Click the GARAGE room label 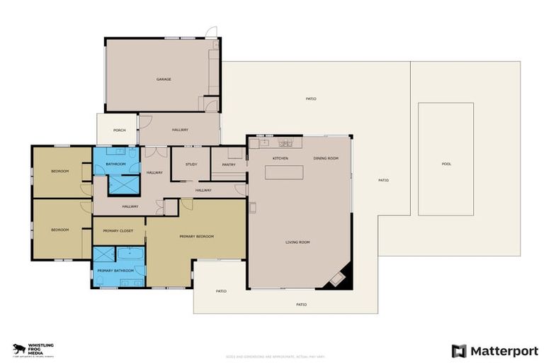pyautogui.click(x=164, y=79)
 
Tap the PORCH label pyautogui.click(x=118, y=130)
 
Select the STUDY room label pyautogui.click(x=191, y=164)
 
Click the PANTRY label pyautogui.click(x=228, y=164)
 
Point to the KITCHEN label pyautogui.click(x=280, y=158)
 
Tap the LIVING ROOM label pyautogui.click(x=297, y=242)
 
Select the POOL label pyautogui.click(x=446, y=164)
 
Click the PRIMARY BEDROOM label pyautogui.click(x=196, y=236)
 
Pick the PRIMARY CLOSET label pyautogui.click(x=118, y=230)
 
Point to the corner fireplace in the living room pyautogui.click(x=339, y=279)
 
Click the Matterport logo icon pyautogui.click(x=459, y=350)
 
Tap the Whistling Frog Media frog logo pyautogui.click(x=19, y=349)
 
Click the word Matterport pyautogui.click(x=504, y=350)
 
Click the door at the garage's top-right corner pyautogui.click(x=210, y=33)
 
